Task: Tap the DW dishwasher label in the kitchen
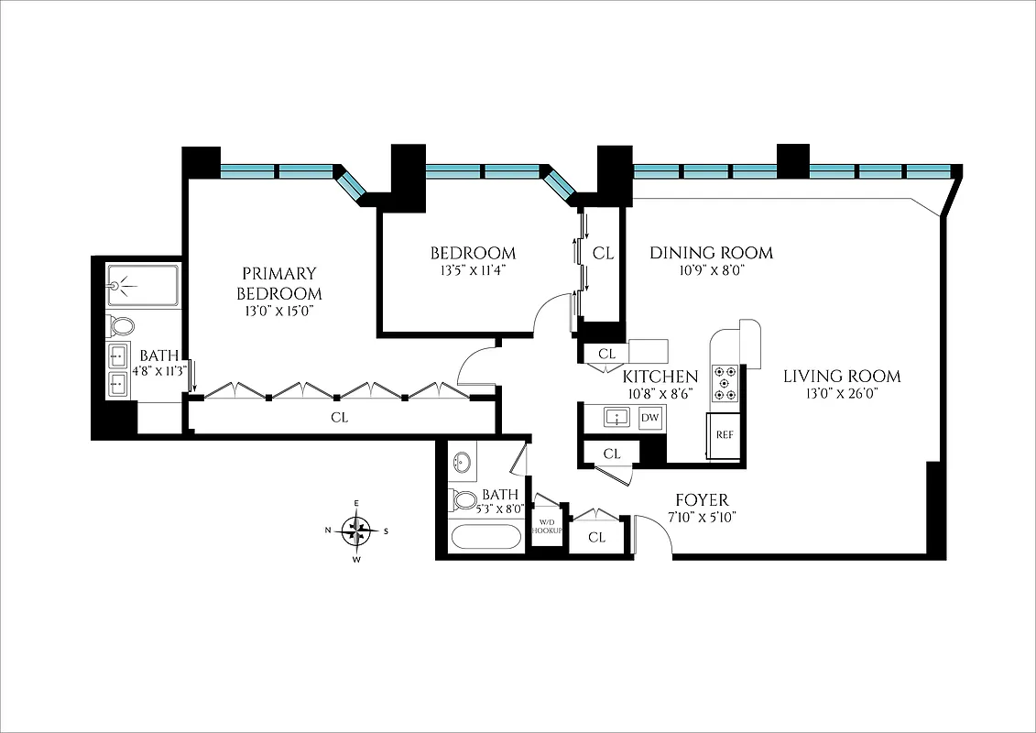(x=650, y=418)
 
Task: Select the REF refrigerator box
(x=724, y=435)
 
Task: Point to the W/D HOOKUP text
(x=547, y=528)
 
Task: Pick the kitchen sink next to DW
(x=616, y=418)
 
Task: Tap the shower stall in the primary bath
(x=142, y=285)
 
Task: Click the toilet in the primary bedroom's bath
(x=120, y=325)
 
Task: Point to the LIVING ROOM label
(x=842, y=376)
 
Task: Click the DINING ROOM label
(x=711, y=252)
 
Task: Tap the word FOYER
(x=702, y=499)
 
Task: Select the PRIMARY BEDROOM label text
(x=279, y=283)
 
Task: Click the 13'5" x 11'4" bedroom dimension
(x=473, y=270)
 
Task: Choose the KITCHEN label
(x=660, y=376)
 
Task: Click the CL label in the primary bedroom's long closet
(x=339, y=418)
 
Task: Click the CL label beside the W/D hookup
(x=597, y=537)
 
